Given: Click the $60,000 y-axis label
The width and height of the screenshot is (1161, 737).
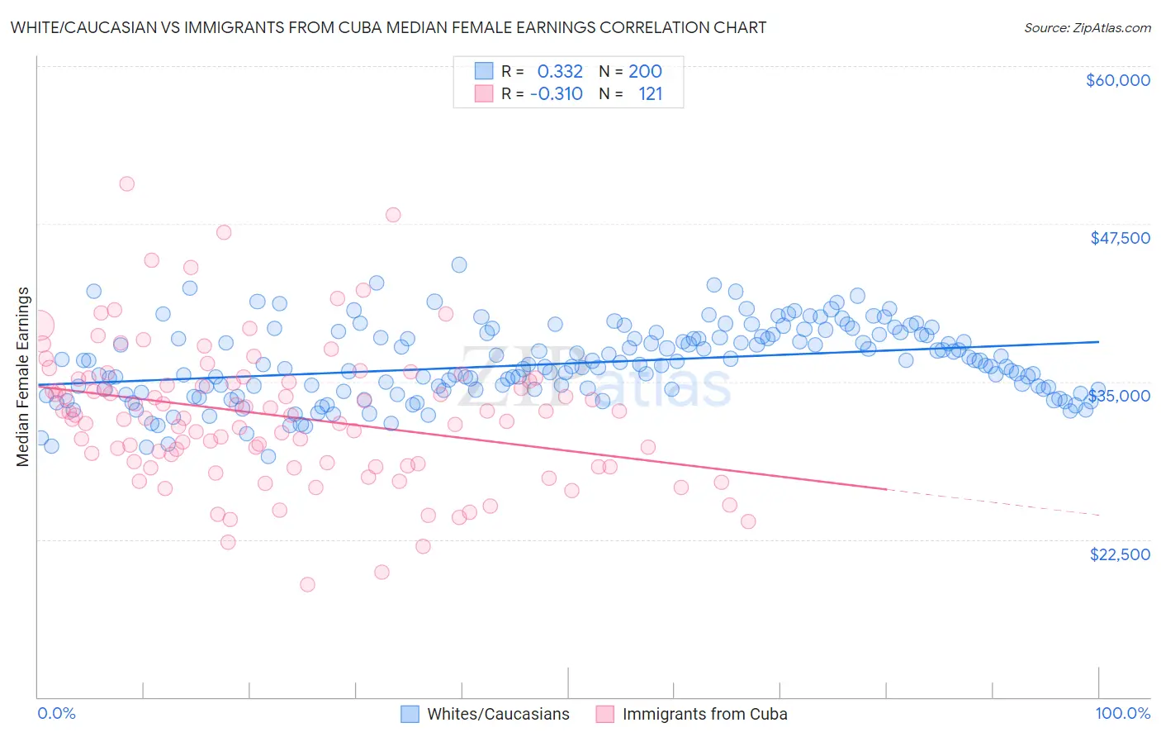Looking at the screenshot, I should pos(1117,80).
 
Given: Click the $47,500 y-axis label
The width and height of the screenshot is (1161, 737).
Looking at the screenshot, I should pos(1120,238).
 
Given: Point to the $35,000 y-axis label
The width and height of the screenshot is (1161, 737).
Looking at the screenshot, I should pos(1120,396).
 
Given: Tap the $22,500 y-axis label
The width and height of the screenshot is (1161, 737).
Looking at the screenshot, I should pos(1120,554).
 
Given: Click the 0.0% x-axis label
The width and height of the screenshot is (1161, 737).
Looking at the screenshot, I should pos(56,714).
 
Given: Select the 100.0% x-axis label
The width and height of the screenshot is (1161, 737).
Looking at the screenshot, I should pos(1122,714).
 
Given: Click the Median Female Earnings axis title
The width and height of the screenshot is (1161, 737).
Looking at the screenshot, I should pos(23,377).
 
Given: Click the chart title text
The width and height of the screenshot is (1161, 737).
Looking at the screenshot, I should pos(388,27).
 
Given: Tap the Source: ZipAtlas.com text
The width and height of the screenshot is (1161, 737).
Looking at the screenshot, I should pos(1087,28).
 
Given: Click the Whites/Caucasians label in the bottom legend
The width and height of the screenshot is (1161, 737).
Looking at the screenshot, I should pos(498,715).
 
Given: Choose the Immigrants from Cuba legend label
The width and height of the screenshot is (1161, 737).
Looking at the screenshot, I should pos(704,715).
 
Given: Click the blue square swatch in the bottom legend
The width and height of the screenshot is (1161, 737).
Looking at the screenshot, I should pos(410,715).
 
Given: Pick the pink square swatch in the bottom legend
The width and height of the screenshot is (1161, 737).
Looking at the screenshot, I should pos(605,715).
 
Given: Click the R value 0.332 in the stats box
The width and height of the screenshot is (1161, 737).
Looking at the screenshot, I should pos(560,72).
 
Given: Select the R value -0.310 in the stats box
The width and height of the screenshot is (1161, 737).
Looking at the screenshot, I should pos(557,94).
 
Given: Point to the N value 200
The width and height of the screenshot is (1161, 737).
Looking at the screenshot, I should pos(645,72).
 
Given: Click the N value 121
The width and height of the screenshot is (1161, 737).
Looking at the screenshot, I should pos(651,94).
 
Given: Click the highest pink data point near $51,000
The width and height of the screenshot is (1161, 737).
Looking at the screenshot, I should pos(126,183).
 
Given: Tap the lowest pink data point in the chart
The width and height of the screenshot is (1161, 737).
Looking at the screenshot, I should pos(307,584).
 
